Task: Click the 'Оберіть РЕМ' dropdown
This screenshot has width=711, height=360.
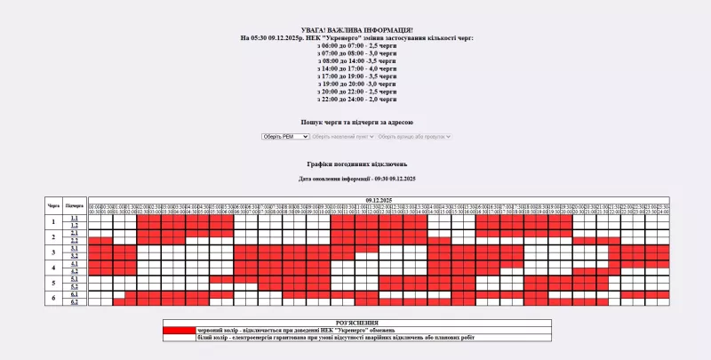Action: (x=284, y=136)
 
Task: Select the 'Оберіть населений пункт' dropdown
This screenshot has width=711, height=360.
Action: (x=342, y=136)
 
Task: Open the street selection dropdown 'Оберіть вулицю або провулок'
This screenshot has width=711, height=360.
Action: (x=414, y=136)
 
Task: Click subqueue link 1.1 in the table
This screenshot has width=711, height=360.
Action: (x=75, y=218)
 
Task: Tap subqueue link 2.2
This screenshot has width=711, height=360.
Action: (x=75, y=240)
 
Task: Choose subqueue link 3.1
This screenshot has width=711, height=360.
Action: (x=75, y=248)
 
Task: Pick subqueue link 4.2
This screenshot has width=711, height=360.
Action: (x=75, y=271)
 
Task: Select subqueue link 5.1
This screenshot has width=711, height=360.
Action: (x=75, y=279)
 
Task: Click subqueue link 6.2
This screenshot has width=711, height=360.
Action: (x=75, y=301)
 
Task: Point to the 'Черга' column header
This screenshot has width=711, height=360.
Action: (x=53, y=205)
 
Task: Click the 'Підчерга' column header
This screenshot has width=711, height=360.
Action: (x=75, y=205)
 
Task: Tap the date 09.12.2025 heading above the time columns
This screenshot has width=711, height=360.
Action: (x=379, y=200)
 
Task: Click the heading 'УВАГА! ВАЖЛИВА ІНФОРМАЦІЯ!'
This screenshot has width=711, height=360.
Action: (x=356, y=30)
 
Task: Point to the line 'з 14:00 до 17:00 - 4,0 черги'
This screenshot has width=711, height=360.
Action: (x=356, y=68)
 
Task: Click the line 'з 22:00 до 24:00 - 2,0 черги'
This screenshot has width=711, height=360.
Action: (x=356, y=99)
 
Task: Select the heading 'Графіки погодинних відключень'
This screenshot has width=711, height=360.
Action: (x=356, y=164)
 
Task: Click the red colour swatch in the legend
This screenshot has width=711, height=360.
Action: (x=178, y=330)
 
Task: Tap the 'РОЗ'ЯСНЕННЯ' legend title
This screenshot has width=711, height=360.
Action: (x=356, y=323)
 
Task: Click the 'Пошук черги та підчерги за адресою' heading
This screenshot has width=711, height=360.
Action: (x=356, y=122)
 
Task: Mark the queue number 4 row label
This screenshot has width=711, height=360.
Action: (x=53, y=268)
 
